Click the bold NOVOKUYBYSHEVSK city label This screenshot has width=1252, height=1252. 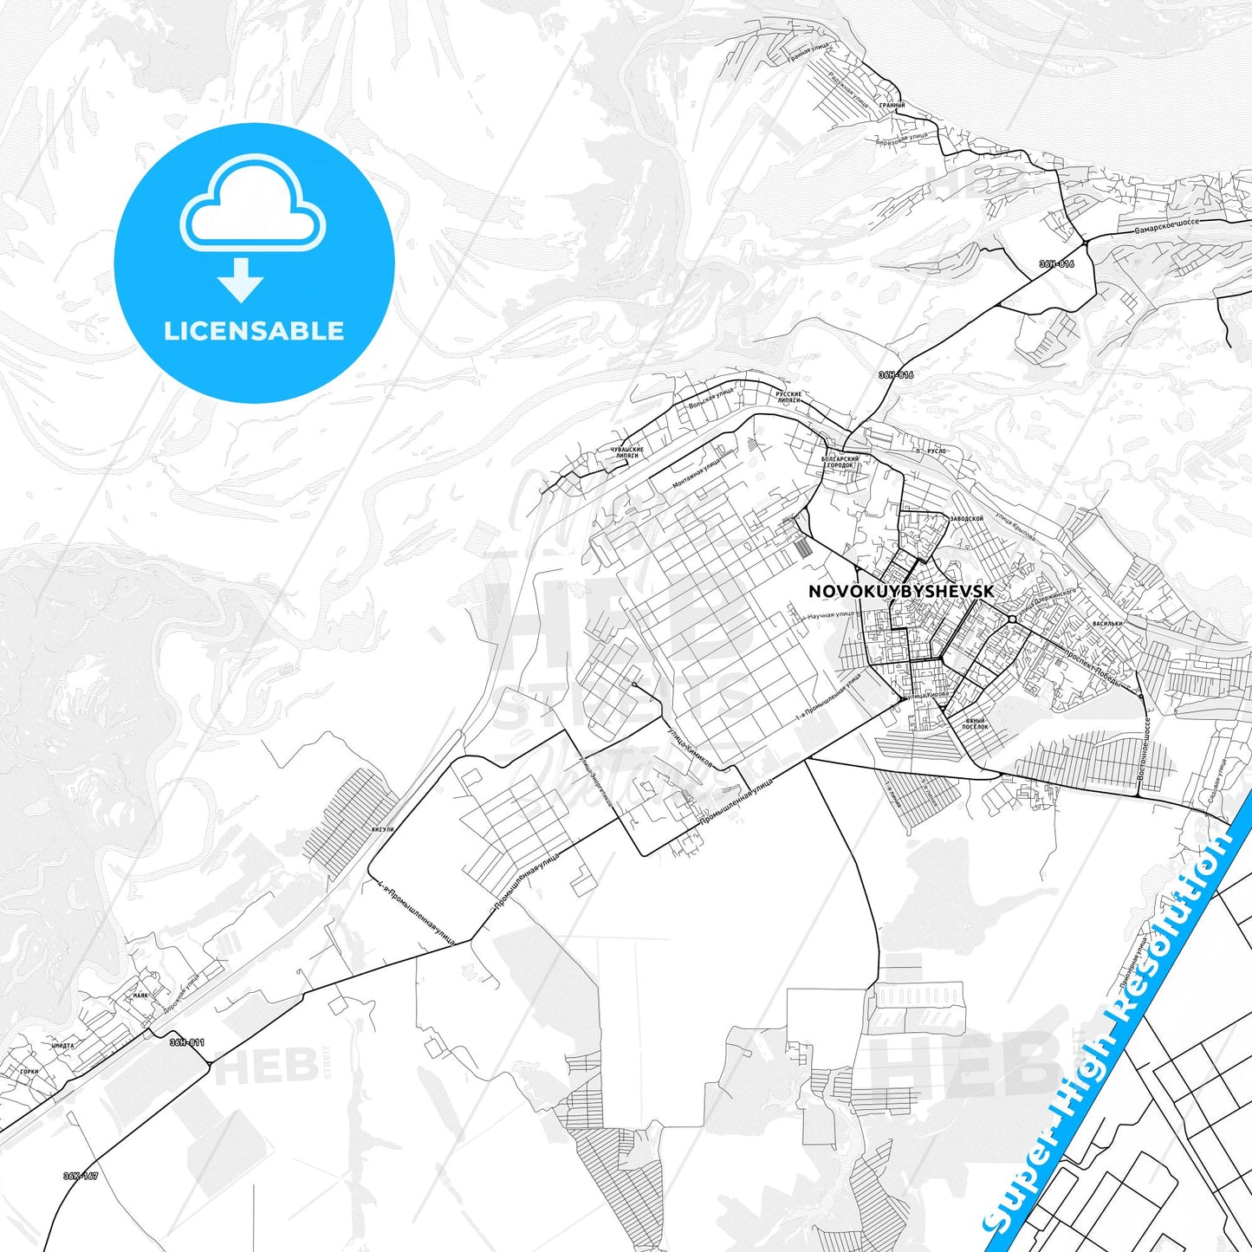click(x=900, y=591)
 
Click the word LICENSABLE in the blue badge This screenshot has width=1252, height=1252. click(x=254, y=331)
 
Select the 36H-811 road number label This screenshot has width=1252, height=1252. click(x=186, y=1042)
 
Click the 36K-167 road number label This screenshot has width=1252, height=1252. click(x=80, y=1176)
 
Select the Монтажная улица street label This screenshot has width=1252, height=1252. click(x=696, y=475)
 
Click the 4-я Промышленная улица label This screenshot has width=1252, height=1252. click(x=416, y=913)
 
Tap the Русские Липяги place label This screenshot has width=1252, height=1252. click(x=788, y=397)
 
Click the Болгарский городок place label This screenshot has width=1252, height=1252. click(x=840, y=462)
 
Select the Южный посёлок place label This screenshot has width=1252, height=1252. click(x=976, y=723)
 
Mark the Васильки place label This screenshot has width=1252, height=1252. click(x=1107, y=623)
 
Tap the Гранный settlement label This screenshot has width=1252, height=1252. click(x=892, y=106)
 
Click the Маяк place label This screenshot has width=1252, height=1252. click(x=140, y=996)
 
